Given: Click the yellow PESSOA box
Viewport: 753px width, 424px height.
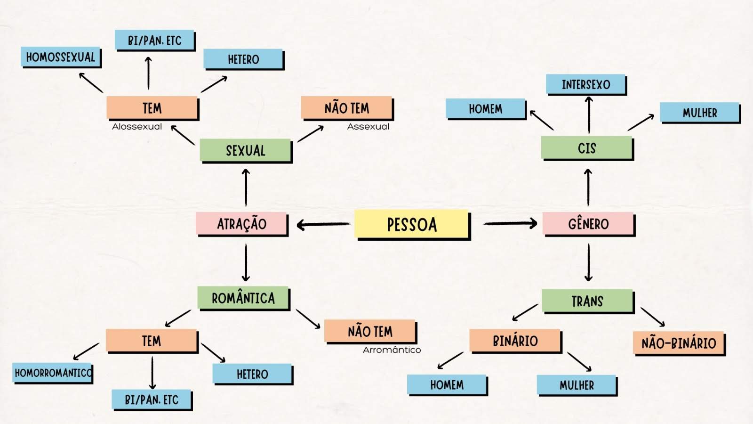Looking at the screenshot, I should click(412, 224).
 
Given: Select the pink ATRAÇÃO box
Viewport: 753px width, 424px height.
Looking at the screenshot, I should click(241, 224).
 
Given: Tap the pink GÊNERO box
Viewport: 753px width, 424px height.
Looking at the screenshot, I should click(588, 224).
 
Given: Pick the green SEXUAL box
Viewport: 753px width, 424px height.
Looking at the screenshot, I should click(245, 150).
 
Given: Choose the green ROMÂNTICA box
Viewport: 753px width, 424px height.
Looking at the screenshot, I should click(243, 298).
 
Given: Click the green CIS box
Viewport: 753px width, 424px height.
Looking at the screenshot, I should click(587, 148).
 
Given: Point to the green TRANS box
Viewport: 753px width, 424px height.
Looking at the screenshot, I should click(587, 301).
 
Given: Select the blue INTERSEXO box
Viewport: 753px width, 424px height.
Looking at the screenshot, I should click(586, 84).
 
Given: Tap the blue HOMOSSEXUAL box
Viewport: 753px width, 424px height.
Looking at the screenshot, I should click(61, 57).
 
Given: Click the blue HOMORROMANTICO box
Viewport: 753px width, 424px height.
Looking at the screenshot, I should click(53, 373).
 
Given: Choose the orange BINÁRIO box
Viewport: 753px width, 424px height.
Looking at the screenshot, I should click(515, 341).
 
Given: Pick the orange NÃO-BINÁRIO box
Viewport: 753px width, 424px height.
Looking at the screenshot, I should click(679, 343).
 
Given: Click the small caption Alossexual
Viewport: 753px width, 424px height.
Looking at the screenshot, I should click(137, 126).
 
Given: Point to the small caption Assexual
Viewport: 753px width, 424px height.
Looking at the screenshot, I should click(368, 126).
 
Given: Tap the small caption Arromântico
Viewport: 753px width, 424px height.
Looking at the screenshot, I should click(392, 350).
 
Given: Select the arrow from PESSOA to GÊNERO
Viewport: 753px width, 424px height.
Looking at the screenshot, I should click(510, 223).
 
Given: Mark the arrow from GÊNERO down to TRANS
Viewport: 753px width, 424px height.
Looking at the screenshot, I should click(588, 262).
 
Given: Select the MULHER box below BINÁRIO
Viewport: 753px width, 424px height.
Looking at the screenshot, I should click(577, 385).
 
